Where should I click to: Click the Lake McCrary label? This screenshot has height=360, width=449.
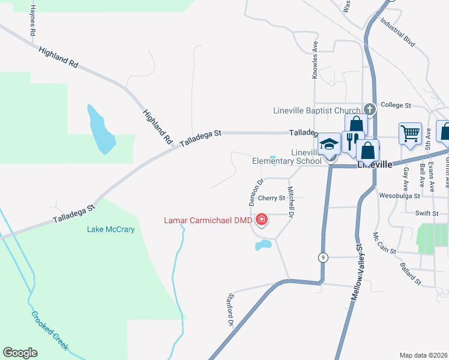110,229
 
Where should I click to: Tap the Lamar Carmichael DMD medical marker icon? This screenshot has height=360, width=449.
262,220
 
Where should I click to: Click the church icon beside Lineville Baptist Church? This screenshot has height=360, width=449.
370,110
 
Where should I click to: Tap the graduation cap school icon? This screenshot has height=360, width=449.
329,145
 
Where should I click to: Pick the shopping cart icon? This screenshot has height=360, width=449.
411,133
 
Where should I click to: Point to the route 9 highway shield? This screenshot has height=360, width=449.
324,257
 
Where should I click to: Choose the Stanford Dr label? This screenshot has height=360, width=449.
229,310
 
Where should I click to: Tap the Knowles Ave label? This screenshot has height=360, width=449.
315,60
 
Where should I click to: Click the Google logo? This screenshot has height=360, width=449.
20,353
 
